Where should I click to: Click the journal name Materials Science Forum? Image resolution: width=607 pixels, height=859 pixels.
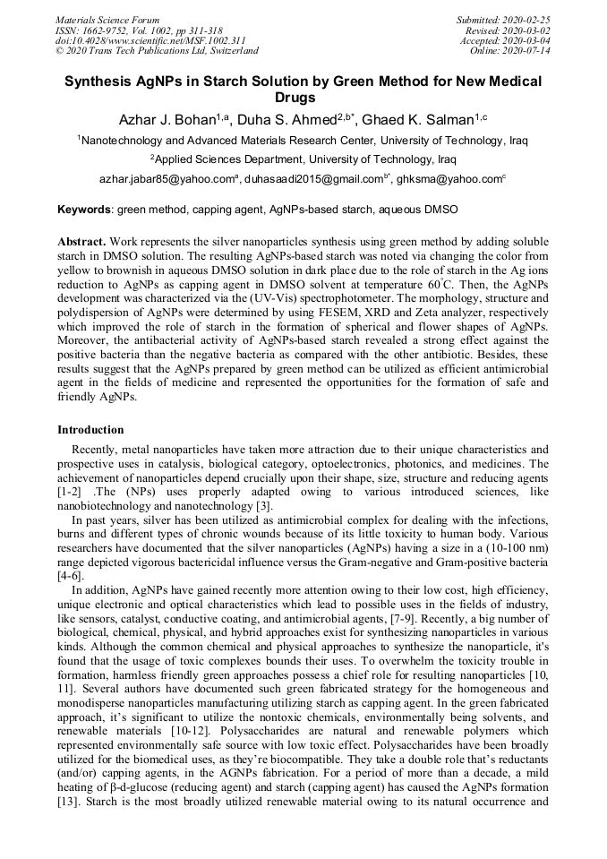click(x=107, y=20)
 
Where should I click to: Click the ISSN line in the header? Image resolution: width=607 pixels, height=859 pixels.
click(x=139, y=30)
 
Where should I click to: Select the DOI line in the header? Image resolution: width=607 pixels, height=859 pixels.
click(x=138, y=40)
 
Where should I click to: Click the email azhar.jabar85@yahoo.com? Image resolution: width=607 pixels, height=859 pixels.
click(x=167, y=180)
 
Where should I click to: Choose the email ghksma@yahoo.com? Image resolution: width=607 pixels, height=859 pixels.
click(x=449, y=180)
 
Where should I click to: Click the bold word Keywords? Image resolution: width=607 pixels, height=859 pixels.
click(x=83, y=210)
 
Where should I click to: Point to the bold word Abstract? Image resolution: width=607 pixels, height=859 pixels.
click(x=81, y=243)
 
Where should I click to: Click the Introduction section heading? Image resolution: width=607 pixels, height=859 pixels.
click(x=90, y=430)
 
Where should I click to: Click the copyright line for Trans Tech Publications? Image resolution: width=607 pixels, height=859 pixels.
click(x=157, y=51)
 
